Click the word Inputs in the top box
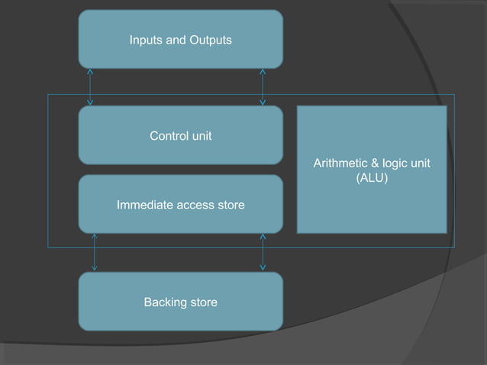tap(146, 39)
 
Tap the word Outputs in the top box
tap(210, 39)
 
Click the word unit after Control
tap(201, 136)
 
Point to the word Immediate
tap(143, 205)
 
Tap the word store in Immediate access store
tap(230, 205)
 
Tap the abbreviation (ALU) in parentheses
tap(372, 178)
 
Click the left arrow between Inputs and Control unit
tap(91, 86)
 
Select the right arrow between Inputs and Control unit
tap(263, 86)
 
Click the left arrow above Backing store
tap(95, 252)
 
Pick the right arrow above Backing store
tap(263, 252)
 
